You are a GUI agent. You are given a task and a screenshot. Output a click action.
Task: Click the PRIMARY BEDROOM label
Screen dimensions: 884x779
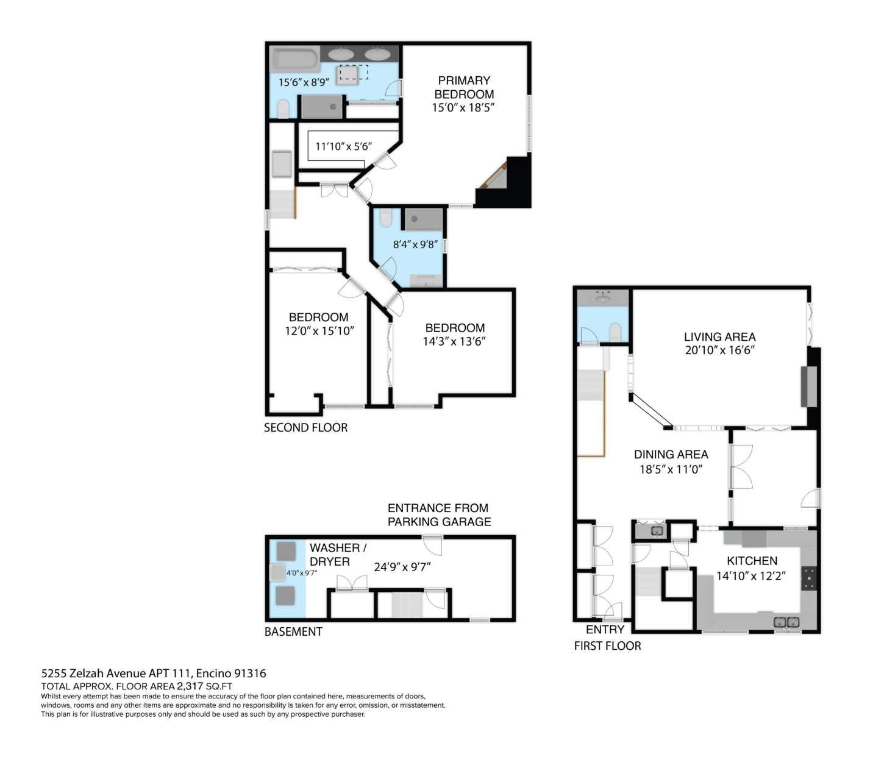[x=464, y=87]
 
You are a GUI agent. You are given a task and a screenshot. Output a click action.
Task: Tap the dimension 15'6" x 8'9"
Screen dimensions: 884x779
[x=304, y=82]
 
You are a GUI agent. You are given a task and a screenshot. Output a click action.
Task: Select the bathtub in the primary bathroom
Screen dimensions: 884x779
[x=294, y=60]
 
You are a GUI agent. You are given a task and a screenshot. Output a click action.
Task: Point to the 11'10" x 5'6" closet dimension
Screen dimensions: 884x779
[x=343, y=146]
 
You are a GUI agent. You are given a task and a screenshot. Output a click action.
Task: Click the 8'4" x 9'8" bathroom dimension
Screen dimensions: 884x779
[x=415, y=244]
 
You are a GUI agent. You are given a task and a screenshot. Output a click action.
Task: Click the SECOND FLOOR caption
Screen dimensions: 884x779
[x=305, y=427]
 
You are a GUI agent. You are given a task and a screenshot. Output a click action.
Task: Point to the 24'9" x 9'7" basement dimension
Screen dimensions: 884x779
[x=402, y=567]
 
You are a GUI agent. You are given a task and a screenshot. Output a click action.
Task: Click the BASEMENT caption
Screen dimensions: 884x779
[x=293, y=631]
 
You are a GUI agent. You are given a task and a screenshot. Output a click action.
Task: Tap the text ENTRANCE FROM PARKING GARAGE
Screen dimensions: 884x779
[x=439, y=514]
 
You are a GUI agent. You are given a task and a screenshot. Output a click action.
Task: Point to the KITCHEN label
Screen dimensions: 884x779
[x=752, y=561]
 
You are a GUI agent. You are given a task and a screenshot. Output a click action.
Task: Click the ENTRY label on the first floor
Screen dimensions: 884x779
[x=605, y=630]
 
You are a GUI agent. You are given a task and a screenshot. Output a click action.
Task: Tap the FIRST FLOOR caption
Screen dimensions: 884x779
[x=607, y=646]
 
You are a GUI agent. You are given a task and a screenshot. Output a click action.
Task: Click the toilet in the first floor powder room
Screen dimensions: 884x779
[x=615, y=332]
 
